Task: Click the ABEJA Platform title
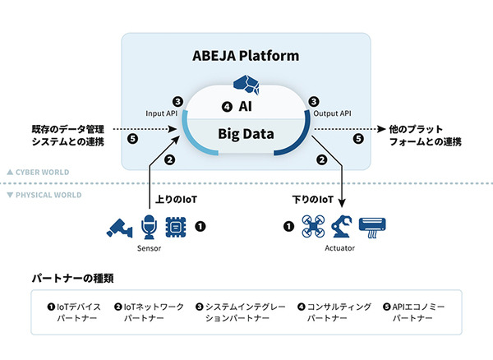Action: pyautogui.click(x=246, y=57)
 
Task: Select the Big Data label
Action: pyautogui.click(x=246, y=133)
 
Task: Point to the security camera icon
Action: pyautogui.click(x=121, y=226)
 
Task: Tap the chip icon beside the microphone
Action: pyautogui.click(x=176, y=225)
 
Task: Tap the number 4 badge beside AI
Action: pyautogui.click(x=227, y=107)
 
